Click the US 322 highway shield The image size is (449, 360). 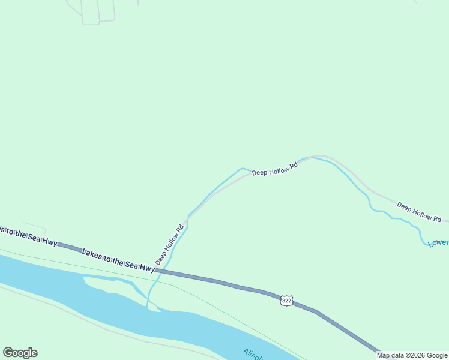pyautogui.click(x=286, y=300)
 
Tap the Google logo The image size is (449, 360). pyautogui.click(x=20, y=353)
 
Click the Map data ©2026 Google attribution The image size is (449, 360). pyautogui.click(x=412, y=355)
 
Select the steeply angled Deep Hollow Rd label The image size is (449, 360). pyautogui.click(x=169, y=245)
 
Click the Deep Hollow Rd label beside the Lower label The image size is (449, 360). pyautogui.click(x=419, y=211)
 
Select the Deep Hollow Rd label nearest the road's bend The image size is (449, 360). pyautogui.click(x=275, y=169)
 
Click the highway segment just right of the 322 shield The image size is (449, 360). pyautogui.click(x=306, y=308)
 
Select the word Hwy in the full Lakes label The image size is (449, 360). pyautogui.click(x=147, y=268)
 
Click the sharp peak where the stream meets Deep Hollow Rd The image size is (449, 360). pyautogui.click(x=243, y=169)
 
